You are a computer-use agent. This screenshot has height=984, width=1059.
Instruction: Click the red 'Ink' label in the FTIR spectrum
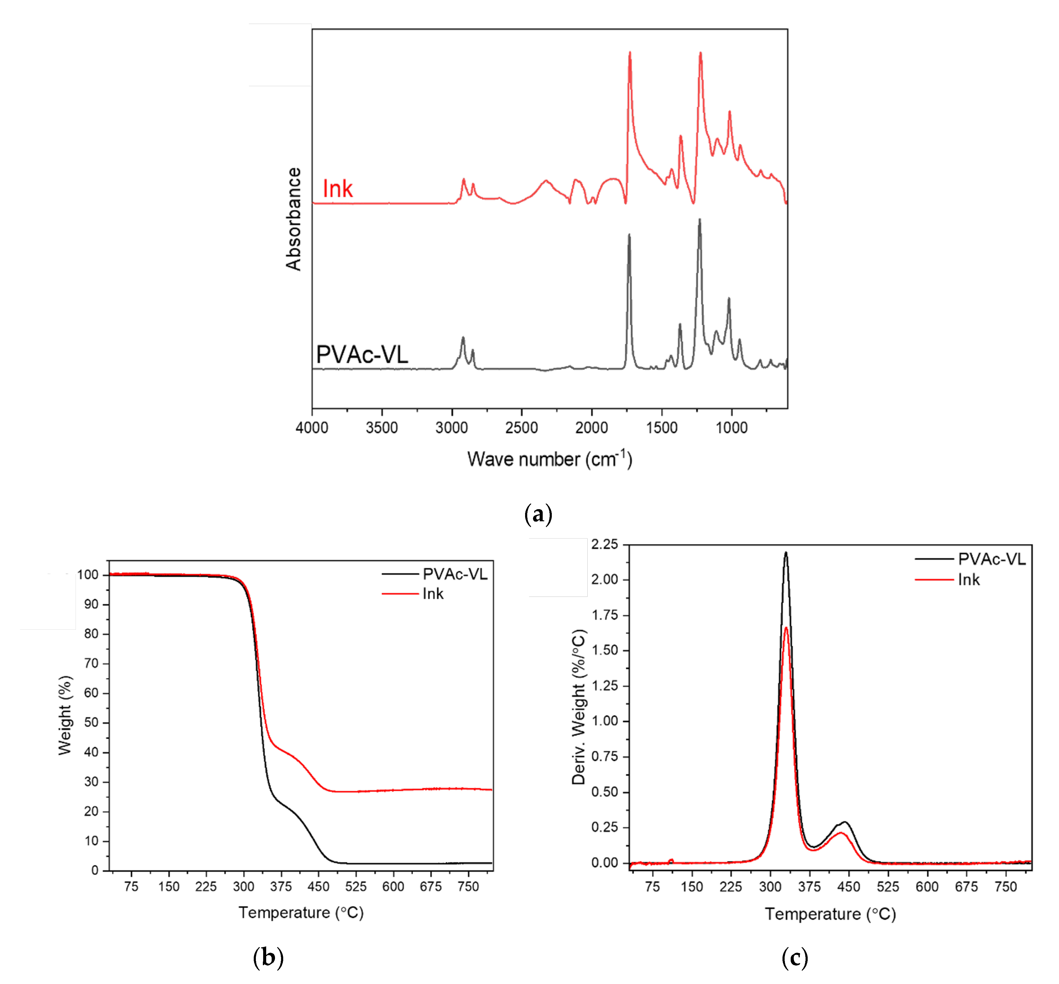338,189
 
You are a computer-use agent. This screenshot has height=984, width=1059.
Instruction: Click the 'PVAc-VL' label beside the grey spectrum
362,355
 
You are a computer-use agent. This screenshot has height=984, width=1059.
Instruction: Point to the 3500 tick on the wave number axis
382,428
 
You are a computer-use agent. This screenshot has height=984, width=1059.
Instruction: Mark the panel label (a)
538,514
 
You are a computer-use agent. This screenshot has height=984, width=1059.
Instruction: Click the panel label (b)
268,957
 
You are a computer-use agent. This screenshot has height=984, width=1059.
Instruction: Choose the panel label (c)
795,957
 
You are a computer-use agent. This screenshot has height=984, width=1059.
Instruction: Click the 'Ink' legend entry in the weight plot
433,594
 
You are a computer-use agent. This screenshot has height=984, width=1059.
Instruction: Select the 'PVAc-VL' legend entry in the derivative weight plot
991,559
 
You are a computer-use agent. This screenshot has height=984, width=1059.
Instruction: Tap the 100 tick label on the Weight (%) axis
88,575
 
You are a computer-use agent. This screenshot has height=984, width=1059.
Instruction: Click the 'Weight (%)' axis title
65,715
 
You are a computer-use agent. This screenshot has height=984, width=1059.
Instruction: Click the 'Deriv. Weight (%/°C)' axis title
579,707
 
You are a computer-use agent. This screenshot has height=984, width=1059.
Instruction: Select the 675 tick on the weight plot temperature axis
430,887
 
